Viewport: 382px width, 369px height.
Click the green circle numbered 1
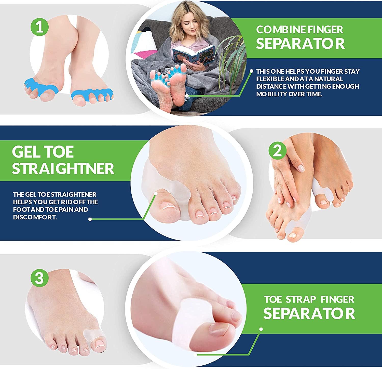point(39,27)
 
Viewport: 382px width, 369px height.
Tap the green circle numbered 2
point(277,152)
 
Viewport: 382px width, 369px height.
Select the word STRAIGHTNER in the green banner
point(63,168)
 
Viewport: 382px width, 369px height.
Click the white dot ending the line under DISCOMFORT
point(90,219)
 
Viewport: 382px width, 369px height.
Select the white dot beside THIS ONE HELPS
point(251,71)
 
